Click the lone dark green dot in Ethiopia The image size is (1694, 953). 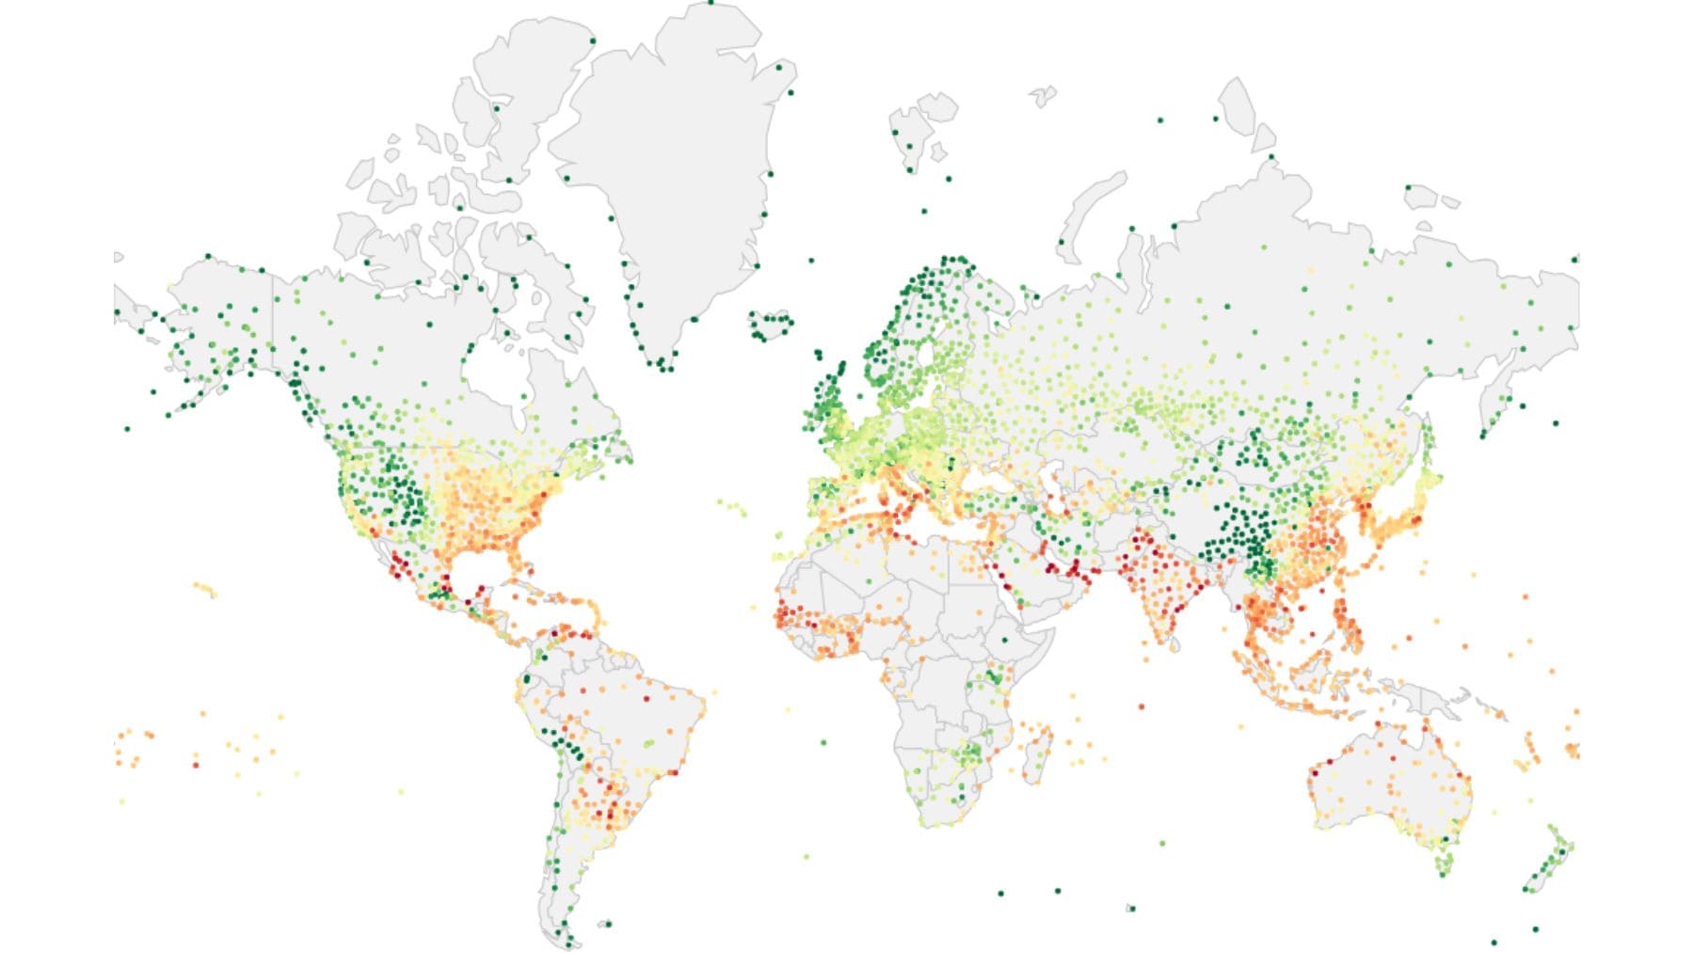tap(1004, 640)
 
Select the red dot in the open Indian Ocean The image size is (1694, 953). tap(1142, 706)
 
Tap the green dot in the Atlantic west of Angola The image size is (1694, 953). tap(823, 742)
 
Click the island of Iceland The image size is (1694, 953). tap(770, 326)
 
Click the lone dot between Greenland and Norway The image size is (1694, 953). tap(811, 261)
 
